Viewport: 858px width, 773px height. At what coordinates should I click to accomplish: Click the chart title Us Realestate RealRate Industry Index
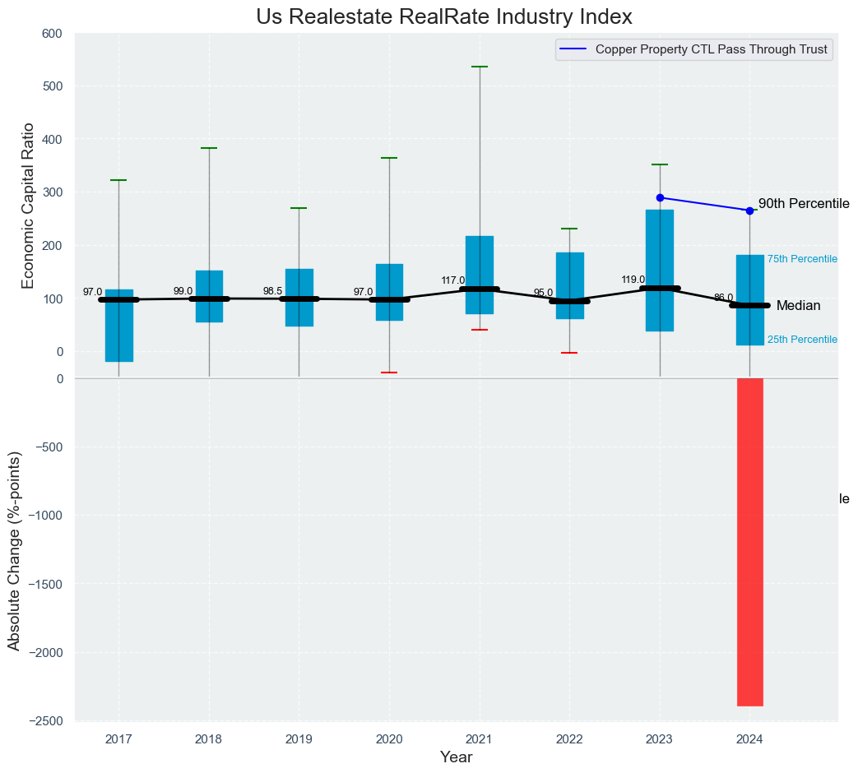tap(444, 16)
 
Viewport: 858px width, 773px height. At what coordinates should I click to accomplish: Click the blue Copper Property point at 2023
tap(660, 197)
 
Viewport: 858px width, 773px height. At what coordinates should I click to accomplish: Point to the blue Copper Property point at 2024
tap(749, 211)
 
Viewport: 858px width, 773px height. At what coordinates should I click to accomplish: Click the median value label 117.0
tap(452, 280)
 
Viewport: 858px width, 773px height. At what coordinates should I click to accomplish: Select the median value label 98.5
tap(272, 290)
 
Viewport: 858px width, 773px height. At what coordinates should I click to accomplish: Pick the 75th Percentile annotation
tap(802, 259)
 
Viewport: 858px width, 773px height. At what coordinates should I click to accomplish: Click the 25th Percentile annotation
tap(802, 340)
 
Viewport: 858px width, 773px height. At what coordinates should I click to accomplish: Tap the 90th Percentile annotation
tap(804, 204)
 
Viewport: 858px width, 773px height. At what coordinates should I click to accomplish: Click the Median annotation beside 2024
tap(798, 306)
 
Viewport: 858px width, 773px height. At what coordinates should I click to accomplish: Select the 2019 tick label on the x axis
tap(299, 739)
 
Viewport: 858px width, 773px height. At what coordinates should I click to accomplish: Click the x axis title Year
tap(456, 757)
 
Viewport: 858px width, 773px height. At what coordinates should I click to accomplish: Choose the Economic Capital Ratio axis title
tap(28, 206)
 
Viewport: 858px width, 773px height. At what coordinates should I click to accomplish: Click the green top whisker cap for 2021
tap(480, 67)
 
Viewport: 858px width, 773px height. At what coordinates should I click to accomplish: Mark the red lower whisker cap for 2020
tap(389, 373)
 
